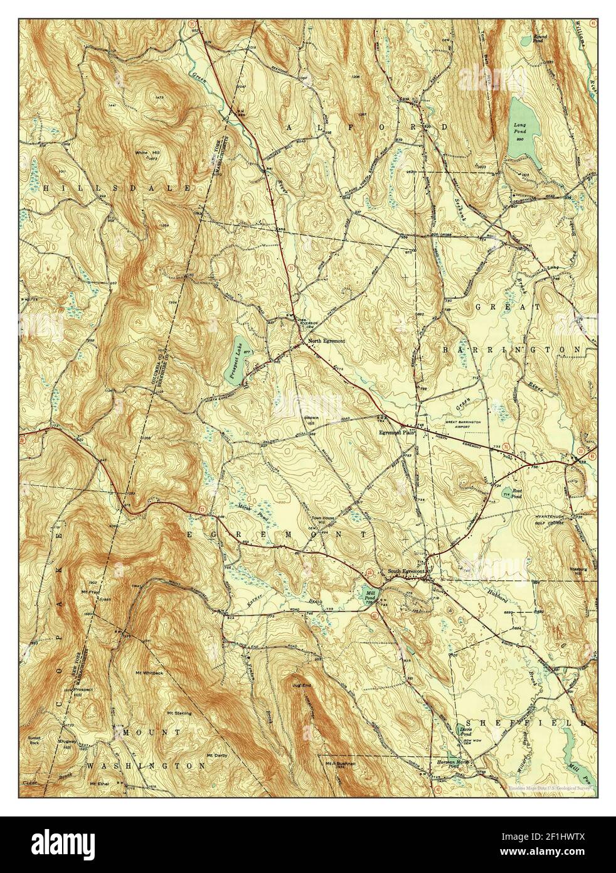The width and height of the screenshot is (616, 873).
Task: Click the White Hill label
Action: point(145,153)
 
